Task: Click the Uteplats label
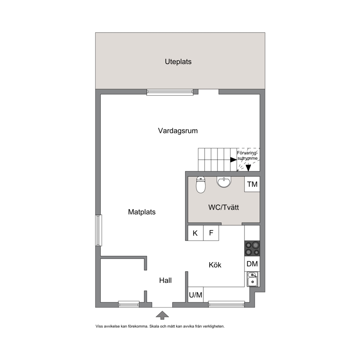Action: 178,62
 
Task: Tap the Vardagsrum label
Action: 178,131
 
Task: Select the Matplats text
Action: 142,212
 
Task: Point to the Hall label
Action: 165,280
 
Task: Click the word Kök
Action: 215,265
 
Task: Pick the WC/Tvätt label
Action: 224,207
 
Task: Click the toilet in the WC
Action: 201,185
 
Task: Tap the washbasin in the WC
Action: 224,182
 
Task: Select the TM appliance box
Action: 252,184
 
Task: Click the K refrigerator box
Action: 195,233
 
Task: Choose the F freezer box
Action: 211,233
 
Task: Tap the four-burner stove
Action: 252,249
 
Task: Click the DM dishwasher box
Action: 252,264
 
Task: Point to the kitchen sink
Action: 252,279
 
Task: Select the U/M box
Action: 196,295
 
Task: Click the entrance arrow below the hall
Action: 162,315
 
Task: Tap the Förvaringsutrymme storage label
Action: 247,155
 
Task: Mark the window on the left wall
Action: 99,230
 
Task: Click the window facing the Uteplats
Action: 170,92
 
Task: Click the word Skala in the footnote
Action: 154,326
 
